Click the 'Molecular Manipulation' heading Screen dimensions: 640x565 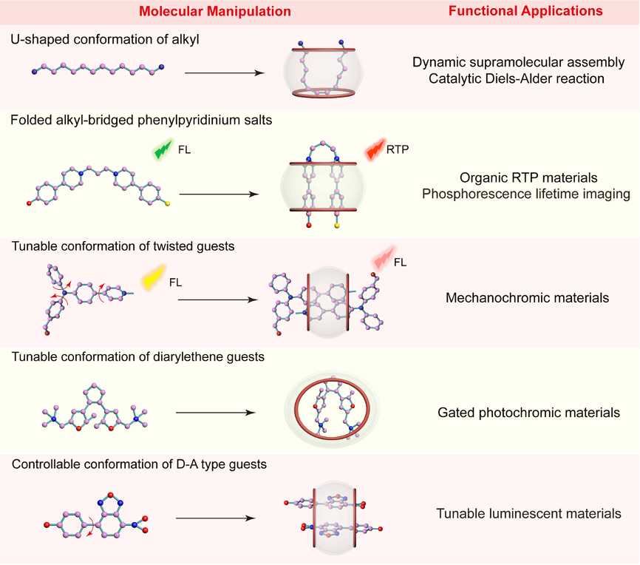pos(215,11)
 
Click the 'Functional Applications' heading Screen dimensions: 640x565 pos(525,11)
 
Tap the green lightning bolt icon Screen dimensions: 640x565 pos(163,149)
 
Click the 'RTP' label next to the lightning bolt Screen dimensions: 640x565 pos(398,149)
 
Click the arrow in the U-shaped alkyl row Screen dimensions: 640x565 pos(225,73)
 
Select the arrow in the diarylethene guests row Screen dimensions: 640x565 pos(216,413)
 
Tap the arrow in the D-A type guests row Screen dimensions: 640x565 pos(216,518)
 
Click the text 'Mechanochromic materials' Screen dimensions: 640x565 pos(527,298)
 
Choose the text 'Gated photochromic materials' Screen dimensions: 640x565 pos(528,413)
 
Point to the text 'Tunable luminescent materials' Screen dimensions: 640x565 pos(528,513)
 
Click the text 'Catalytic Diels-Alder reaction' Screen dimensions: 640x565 pos(517,78)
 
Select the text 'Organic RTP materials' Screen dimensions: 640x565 pos(528,177)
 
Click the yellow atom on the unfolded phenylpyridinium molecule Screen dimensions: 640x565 pos(167,203)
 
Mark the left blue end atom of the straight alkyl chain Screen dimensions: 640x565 pos(34,72)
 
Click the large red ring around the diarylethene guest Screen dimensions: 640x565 pos(295,408)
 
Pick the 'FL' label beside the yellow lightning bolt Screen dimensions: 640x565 pos(175,282)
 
